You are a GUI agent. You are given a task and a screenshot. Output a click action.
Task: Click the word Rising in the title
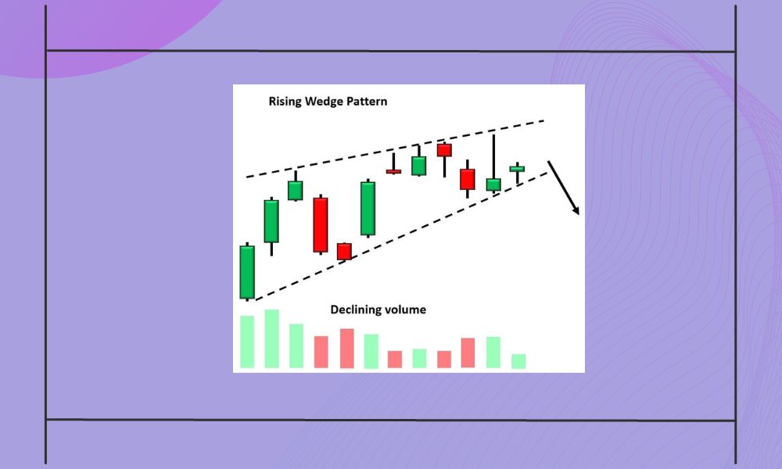pyautogui.click(x=285, y=102)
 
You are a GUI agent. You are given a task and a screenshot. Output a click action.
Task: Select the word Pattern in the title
pyautogui.click(x=368, y=102)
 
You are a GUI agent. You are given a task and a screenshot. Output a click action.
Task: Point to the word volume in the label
pyautogui.click(x=405, y=310)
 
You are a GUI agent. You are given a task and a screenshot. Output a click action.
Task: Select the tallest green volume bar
pyautogui.click(x=272, y=338)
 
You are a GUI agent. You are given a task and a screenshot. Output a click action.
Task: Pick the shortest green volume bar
pyautogui.click(x=518, y=361)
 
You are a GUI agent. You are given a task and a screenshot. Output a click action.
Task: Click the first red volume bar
pyautogui.click(x=321, y=352)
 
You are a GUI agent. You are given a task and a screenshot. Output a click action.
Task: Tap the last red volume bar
pyautogui.click(x=468, y=353)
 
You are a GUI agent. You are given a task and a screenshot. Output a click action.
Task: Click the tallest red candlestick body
pyautogui.click(x=321, y=225)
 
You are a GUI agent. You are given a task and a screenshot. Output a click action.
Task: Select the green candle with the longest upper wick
pyautogui.click(x=493, y=184)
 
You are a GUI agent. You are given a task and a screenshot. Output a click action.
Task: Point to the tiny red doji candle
pyautogui.click(x=393, y=171)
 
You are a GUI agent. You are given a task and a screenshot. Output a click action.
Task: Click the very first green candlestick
pyautogui.click(x=247, y=272)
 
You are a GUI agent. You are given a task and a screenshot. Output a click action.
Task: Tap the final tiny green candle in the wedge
pyautogui.click(x=517, y=168)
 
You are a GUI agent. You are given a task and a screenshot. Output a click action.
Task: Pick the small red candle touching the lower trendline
pyautogui.click(x=344, y=251)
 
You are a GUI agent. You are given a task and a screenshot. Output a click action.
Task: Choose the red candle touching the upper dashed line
pyautogui.click(x=444, y=150)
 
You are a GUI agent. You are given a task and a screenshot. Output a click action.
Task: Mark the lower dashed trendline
pyautogui.click(x=391, y=239)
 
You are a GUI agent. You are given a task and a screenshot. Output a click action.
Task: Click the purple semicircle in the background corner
pyautogui.click(x=94, y=31)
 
